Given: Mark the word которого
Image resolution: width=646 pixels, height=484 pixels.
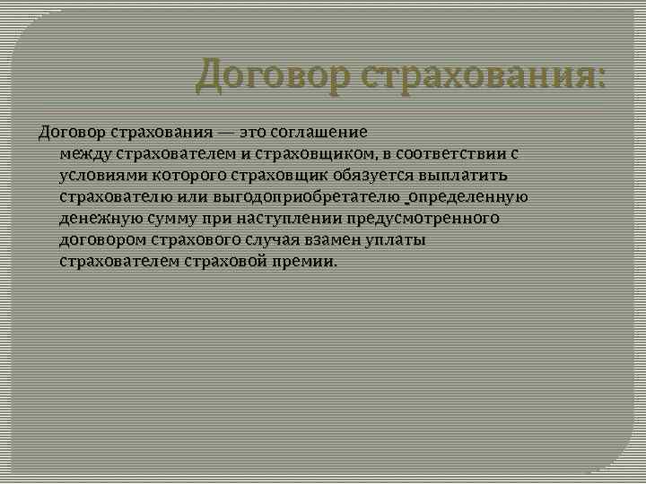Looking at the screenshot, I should click(184, 176).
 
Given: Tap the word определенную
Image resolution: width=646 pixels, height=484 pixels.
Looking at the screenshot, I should click(469, 197).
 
